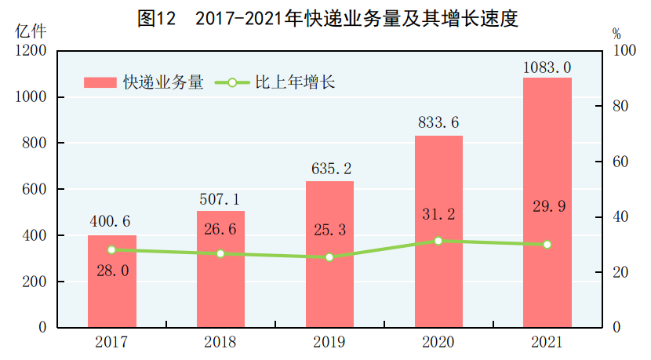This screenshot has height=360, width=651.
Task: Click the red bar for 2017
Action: point(111,282)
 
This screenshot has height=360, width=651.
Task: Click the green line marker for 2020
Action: point(438,241)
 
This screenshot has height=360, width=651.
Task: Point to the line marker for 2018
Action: point(220,253)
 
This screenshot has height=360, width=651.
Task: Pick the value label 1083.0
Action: point(547,67)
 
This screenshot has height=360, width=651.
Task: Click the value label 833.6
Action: point(438,123)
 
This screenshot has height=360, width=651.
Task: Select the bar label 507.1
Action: point(220,199)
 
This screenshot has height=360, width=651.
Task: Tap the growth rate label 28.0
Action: point(111,269)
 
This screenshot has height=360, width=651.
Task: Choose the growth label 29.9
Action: point(547,206)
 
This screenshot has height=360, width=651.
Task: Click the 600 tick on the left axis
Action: point(34,189)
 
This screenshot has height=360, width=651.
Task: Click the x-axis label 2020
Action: point(438,342)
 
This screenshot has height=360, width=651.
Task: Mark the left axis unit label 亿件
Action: point(31,32)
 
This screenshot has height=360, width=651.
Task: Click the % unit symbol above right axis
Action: point(616,34)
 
